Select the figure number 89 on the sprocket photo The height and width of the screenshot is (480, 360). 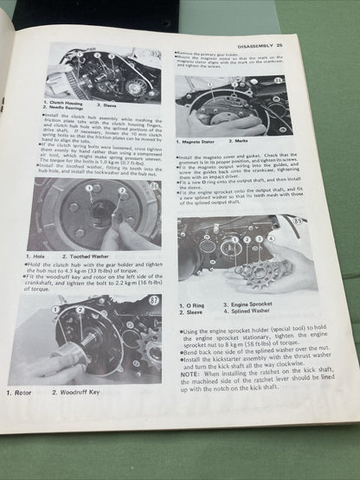click(324, 222)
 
